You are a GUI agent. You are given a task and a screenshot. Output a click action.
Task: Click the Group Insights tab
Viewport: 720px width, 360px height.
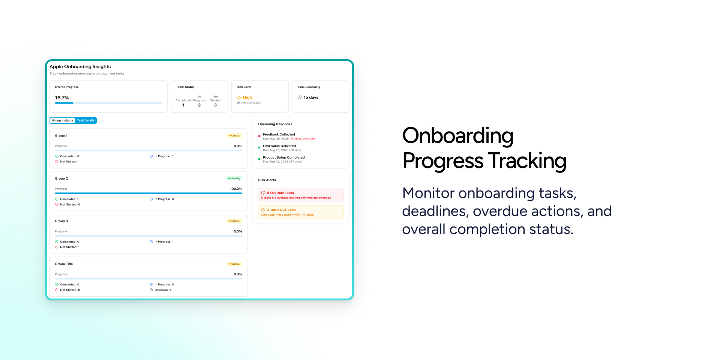click(63, 120)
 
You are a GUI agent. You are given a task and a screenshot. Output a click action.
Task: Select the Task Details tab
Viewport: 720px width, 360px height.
click(85, 120)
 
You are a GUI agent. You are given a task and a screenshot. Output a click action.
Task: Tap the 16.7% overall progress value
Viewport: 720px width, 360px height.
click(62, 98)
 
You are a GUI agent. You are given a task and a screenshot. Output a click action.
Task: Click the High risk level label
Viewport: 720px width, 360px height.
click(247, 97)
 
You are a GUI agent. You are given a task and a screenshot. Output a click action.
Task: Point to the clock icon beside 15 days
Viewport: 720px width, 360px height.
click(300, 97)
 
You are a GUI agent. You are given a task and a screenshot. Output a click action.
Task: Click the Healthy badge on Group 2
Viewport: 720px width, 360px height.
click(234, 178)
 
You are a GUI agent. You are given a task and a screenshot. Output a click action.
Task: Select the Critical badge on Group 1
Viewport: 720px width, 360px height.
click(234, 136)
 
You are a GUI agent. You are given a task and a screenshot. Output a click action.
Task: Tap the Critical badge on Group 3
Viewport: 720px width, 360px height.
click(234, 221)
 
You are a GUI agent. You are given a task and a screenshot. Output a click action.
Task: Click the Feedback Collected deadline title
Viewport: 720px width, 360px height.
click(279, 134)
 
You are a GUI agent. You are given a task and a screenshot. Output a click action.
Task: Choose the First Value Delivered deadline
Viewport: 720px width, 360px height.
click(279, 146)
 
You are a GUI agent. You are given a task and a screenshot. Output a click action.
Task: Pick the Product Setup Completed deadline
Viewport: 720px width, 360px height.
click(283, 157)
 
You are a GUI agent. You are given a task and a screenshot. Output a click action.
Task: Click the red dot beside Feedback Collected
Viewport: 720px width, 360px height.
click(259, 136)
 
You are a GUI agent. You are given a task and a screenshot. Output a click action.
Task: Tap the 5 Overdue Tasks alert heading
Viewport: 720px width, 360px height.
click(280, 193)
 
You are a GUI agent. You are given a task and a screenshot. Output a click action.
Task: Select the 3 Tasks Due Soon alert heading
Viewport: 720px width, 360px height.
click(281, 210)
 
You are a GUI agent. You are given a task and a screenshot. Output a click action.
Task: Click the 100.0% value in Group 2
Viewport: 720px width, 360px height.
click(236, 189)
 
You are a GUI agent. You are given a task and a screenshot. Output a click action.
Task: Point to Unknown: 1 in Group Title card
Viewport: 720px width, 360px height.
click(162, 290)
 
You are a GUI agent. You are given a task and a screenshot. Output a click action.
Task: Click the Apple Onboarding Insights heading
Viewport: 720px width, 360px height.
click(80, 67)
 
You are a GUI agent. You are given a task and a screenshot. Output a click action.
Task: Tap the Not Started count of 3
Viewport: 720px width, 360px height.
click(215, 105)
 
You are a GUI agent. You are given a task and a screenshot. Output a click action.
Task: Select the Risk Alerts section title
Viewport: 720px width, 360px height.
click(267, 180)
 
